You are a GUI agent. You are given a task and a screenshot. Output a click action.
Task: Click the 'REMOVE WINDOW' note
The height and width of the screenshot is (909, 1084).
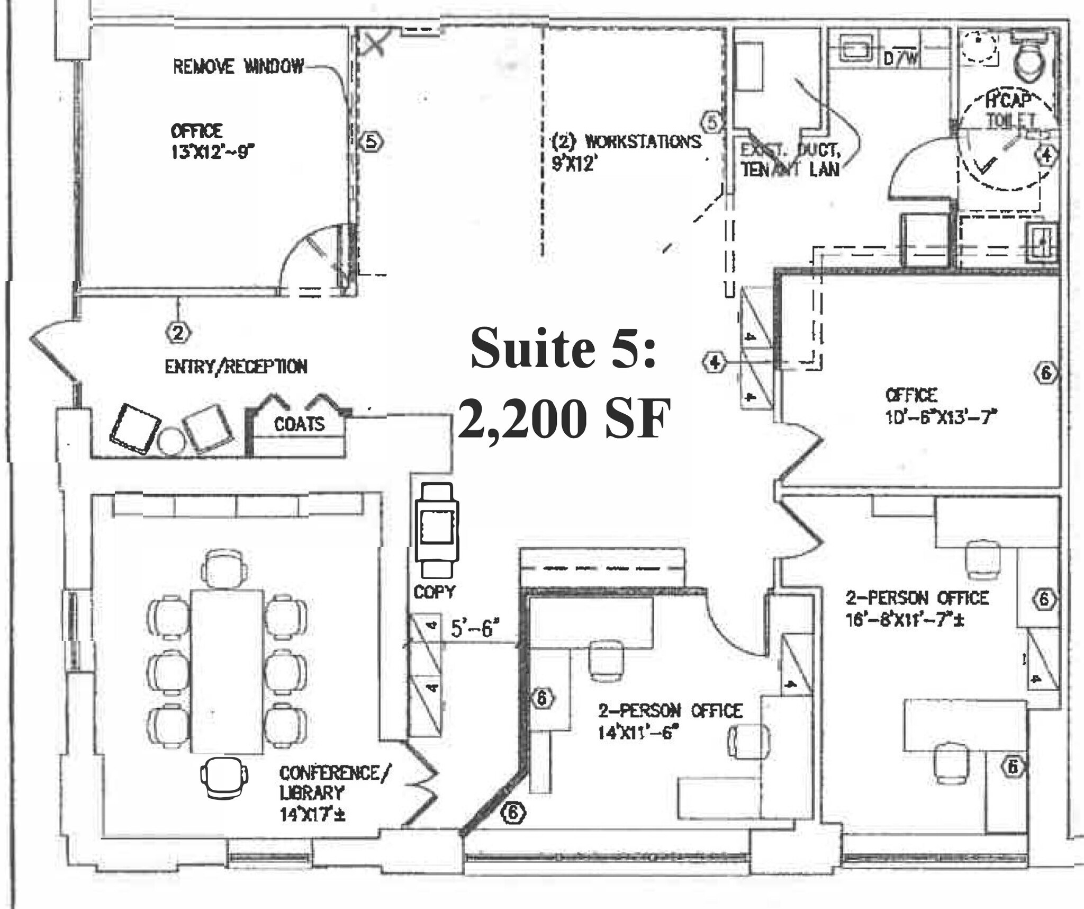click(x=239, y=66)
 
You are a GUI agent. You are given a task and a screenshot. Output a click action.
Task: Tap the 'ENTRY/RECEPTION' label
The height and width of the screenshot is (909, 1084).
click(x=236, y=367)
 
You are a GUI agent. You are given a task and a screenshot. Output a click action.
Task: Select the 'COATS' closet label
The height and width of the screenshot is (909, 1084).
click(x=299, y=424)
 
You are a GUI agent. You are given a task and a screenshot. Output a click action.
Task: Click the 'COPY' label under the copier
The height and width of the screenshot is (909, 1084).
click(x=434, y=592)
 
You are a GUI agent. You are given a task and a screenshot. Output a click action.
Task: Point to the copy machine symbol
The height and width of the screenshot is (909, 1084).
click(x=437, y=529)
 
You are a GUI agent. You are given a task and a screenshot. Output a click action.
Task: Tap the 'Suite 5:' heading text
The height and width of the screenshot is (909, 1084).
click(x=563, y=347)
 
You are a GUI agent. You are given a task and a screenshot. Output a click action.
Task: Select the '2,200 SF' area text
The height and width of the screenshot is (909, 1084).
click(x=564, y=418)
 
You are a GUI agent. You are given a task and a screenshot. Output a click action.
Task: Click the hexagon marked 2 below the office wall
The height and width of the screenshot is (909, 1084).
click(x=178, y=333)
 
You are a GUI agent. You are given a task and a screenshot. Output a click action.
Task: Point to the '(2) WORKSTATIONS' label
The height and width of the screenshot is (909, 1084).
click(x=627, y=142)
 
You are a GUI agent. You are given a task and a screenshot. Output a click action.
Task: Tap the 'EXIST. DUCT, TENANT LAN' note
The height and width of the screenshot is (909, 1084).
click(x=790, y=160)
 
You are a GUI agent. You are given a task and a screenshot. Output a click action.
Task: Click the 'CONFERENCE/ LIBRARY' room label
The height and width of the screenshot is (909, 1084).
click(x=335, y=783)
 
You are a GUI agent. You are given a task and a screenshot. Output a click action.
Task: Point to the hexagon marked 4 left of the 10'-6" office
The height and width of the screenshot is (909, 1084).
click(x=715, y=362)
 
